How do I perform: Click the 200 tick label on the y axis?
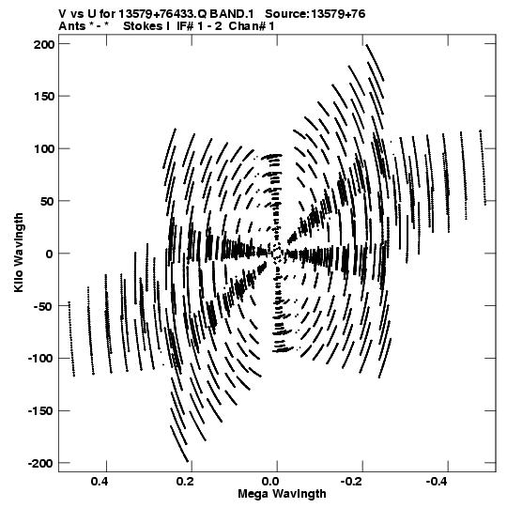pyautogui.click(x=44, y=44)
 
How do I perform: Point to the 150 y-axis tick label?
pyautogui.click(x=44, y=97)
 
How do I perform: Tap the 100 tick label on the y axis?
pyautogui.click(x=44, y=149)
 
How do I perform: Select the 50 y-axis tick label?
pyautogui.click(x=48, y=202)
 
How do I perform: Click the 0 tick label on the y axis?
pyautogui.click(x=50, y=254)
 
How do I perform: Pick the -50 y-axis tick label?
pyautogui.click(x=43, y=306)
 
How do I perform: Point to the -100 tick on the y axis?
pyautogui.click(x=40, y=359)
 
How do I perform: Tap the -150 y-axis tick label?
pyautogui.click(x=40, y=411)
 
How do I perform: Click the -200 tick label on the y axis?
pyautogui.click(x=40, y=464)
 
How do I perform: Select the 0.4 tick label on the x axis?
pyautogui.click(x=100, y=482)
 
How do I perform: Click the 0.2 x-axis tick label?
pyautogui.click(x=185, y=482)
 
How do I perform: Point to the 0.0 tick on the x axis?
pyautogui.click(x=270, y=482)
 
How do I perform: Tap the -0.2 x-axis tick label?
pyautogui.click(x=352, y=482)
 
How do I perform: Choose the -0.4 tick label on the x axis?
pyautogui.click(x=438, y=482)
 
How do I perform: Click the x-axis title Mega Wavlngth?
pyautogui.click(x=282, y=495)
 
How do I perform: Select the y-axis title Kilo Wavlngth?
pyautogui.click(x=19, y=253)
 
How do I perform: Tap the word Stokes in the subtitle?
pyautogui.click(x=143, y=26)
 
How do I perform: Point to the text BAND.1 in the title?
pyautogui.click(x=231, y=14)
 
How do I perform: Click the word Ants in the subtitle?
pyautogui.click(x=72, y=26)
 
